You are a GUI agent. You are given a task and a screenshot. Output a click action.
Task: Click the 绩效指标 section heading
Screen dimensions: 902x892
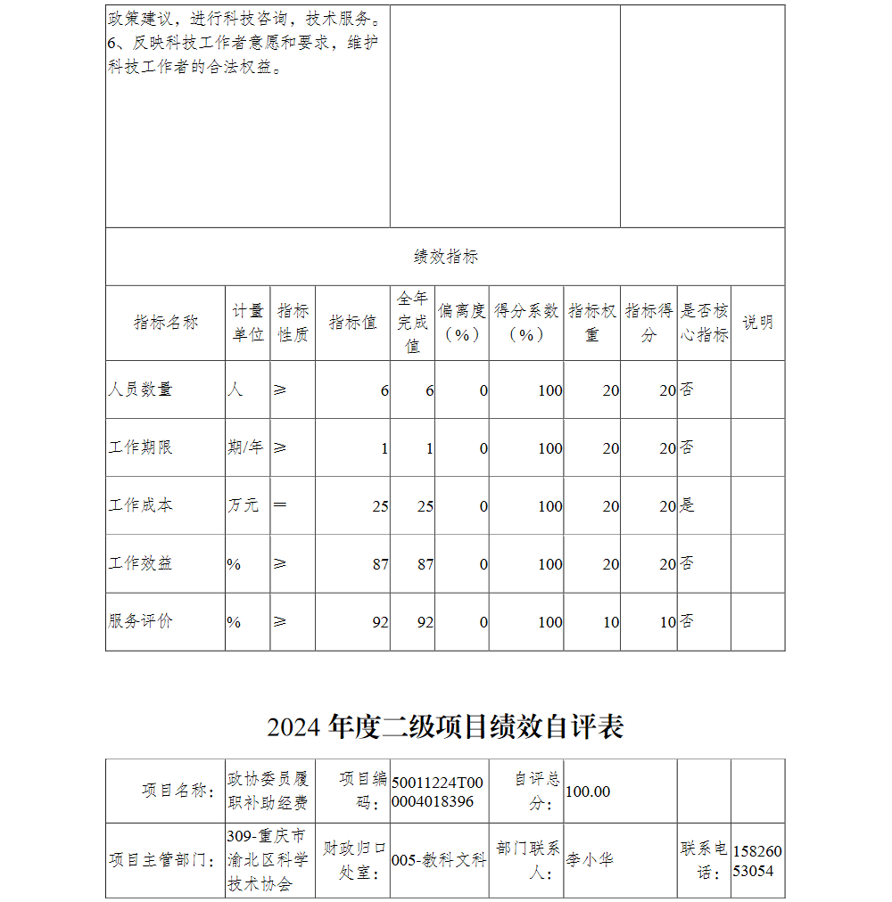pos(445,257)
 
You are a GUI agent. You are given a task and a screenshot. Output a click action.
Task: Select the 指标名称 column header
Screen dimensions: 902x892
pos(166,323)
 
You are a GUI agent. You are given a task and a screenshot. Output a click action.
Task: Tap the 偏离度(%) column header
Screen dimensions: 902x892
pos(461,323)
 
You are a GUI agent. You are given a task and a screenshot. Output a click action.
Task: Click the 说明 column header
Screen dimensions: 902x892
pos(757,323)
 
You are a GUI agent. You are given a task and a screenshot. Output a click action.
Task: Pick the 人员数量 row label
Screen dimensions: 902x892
pos(140,389)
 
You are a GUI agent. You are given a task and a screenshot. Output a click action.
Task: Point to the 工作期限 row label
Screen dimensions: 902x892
pos(140,447)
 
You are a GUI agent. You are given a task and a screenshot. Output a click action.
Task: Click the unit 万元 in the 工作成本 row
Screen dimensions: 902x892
pos(243,505)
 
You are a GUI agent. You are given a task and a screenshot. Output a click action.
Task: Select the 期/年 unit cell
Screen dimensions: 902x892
pos(245,447)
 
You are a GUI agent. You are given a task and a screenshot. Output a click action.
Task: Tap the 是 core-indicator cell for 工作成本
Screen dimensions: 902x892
pos(687,505)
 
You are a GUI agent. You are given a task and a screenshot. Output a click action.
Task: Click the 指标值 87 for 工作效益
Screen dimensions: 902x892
pos(381,564)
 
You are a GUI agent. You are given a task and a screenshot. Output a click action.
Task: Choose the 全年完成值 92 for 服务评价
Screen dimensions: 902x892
pos(425,622)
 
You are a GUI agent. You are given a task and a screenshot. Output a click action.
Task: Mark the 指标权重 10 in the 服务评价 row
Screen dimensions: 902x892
pos(610,622)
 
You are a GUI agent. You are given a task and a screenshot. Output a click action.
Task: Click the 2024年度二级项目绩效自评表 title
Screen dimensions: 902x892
pos(445,726)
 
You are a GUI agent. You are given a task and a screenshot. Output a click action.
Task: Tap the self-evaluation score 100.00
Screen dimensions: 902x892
pos(588,791)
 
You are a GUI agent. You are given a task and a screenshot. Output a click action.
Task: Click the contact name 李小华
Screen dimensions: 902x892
pos(590,860)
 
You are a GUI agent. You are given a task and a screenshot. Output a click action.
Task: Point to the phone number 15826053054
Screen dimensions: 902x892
pos(757,860)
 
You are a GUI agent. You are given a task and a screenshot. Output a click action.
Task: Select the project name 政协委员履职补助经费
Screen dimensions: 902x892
pos(268,791)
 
